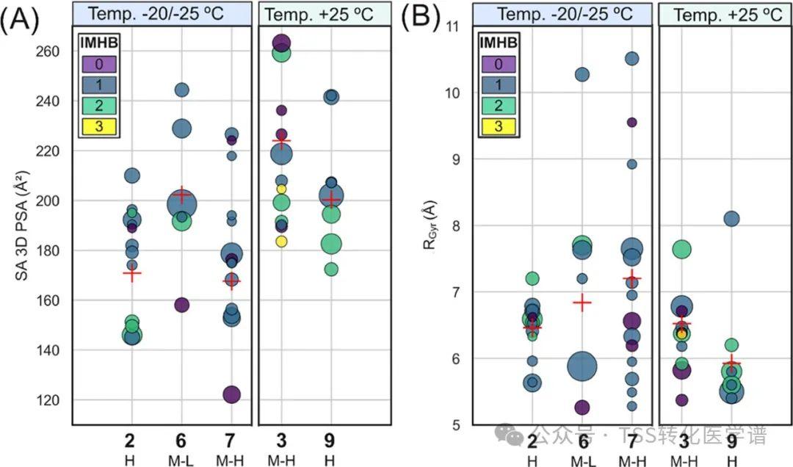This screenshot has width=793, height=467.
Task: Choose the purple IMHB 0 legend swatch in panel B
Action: pos(499,65)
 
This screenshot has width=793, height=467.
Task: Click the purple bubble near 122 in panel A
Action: pos(231,394)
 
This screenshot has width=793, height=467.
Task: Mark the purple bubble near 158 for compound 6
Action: pos(182,305)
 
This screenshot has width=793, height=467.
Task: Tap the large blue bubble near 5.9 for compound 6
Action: pos(582,365)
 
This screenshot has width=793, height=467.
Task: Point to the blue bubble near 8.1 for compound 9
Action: pos(731,218)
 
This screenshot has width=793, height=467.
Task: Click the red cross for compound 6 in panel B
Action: pos(582,302)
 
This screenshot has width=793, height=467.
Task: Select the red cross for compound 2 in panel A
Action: pos(131,274)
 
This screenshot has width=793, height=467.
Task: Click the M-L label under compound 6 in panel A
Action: pos(181,460)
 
